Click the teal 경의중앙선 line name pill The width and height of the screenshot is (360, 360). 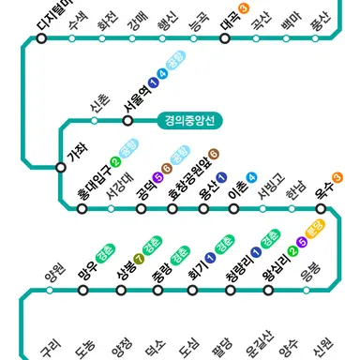190,121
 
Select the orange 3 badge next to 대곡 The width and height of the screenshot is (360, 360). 244,8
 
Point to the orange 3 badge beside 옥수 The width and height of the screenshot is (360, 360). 337,175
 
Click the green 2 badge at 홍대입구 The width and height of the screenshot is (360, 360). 115,162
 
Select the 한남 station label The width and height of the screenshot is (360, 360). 298,188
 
